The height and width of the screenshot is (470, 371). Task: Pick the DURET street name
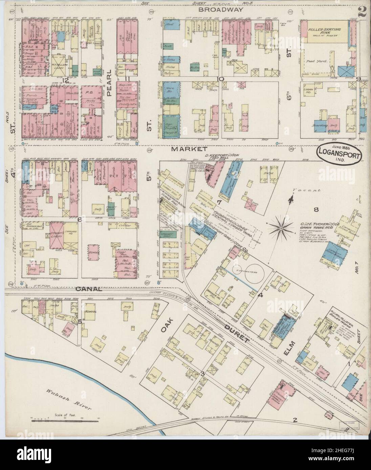tap(237, 335)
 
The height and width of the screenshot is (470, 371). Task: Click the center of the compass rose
tap(281, 229)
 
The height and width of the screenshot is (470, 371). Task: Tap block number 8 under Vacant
tap(316, 210)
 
